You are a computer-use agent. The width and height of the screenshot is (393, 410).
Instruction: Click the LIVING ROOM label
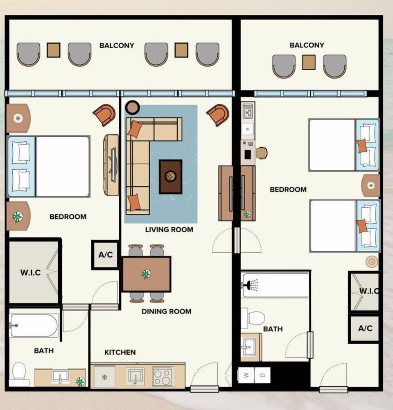click(169, 229)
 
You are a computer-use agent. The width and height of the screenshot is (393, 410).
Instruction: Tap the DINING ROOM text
click(166, 311)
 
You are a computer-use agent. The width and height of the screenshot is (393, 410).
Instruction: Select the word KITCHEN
click(120, 352)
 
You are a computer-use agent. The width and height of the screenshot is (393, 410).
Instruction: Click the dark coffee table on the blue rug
click(170, 177)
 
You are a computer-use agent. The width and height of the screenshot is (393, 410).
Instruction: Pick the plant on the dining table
click(146, 274)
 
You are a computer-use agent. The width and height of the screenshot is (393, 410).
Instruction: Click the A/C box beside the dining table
click(105, 255)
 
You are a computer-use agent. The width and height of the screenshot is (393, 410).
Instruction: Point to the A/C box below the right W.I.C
click(365, 328)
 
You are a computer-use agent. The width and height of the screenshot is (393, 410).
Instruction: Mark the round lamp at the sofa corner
click(132, 107)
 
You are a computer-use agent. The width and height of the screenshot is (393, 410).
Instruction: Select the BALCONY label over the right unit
click(307, 45)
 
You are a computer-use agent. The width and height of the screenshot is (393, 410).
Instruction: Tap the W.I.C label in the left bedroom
click(31, 272)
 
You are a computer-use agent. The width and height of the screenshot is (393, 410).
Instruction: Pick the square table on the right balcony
click(309, 62)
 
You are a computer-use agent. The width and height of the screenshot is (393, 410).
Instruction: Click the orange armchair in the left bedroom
click(104, 115)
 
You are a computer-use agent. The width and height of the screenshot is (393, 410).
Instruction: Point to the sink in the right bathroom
click(247, 347)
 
